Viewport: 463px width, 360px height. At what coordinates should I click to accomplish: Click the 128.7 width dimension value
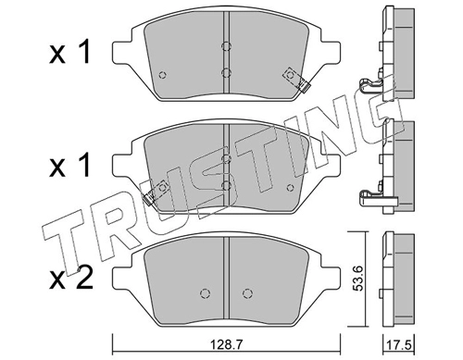click(x=226, y=344)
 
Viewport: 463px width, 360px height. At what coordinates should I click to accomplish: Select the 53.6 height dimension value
click(x=358, y=279)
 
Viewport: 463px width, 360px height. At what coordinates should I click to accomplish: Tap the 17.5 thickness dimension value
click(x=401, y=344)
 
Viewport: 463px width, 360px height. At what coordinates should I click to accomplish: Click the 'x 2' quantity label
click(x=71, y=278)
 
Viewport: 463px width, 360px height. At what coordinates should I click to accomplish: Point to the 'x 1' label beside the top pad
click(x=69, y=51)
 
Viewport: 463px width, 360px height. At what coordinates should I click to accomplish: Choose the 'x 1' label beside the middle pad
click(x=69, y=166)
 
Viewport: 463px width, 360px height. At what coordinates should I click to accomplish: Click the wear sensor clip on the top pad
click(x=297, y=80)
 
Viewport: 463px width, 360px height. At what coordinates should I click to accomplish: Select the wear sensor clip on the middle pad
click(x=156, y=192)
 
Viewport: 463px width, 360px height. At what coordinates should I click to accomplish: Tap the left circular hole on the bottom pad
click(x=205, y=292)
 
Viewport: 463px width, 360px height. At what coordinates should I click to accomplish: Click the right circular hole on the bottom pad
click(x=247, y=292)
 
